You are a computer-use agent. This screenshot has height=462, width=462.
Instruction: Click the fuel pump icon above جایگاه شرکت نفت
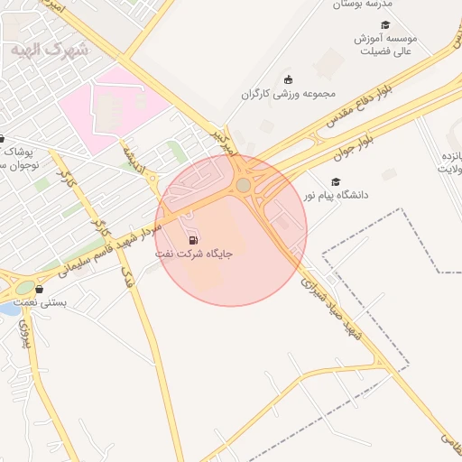coord(194,240)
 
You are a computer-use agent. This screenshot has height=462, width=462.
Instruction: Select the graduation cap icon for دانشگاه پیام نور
coord(336,181)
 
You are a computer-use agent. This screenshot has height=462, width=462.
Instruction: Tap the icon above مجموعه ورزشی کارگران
coord(288,79)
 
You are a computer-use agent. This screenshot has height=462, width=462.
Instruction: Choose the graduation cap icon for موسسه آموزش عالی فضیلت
coord(385,25)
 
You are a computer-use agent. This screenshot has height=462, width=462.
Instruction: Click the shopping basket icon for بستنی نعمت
coord(38,289)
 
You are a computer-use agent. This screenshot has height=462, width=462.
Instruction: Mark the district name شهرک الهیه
coord(50,50)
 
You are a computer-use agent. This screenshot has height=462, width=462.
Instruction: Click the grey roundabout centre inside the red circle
coord(243,185)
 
